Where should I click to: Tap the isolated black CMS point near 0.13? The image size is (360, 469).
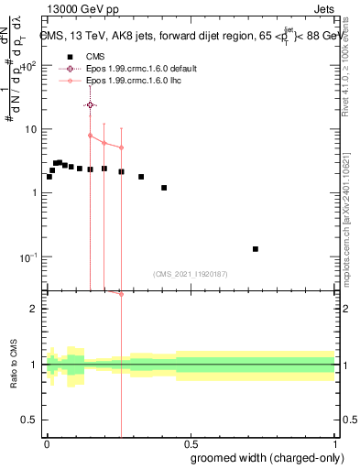pyautogui.click(x=256, y=249)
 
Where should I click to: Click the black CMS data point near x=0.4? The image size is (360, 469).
pyautogui.click(x=164, y=188)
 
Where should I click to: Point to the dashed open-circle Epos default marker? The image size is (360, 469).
pyautogui.click(x=90, y=105)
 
